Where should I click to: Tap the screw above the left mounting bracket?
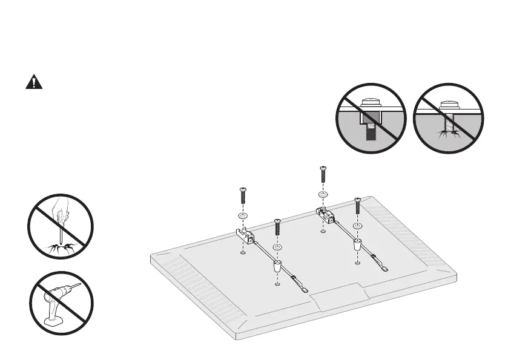[242, 197]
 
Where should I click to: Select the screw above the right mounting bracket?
[323, 174]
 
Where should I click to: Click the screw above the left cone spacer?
[277, 227]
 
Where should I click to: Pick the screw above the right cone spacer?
[357, 206]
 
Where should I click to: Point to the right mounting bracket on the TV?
[323, 213]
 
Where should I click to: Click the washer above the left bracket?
[242, 216]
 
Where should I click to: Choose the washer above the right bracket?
[323, 195]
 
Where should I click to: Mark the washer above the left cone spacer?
[277, 247]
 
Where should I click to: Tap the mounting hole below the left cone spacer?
[277, 283]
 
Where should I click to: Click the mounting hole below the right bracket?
[323, 231]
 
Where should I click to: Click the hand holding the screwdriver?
[60, 211]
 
